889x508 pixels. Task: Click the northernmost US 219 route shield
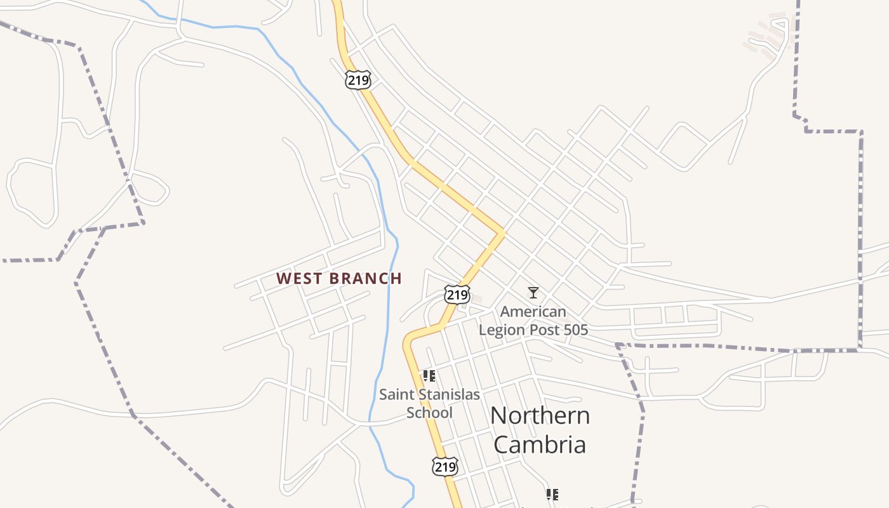click(358, 80)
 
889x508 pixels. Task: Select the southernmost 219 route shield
click(444, 467)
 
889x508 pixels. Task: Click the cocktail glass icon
click(533, 293)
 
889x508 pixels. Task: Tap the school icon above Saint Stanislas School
click(429, 376)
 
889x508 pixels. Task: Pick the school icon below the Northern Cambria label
click(552, 494)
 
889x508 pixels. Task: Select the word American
click(533, 312)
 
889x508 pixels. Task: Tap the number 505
click(575, 330)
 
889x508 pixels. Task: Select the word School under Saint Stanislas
click(429, 413)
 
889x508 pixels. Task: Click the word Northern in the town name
click(540, 416)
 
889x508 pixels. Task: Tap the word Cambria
click(540, 444)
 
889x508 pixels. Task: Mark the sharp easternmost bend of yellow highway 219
click(502, 232)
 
